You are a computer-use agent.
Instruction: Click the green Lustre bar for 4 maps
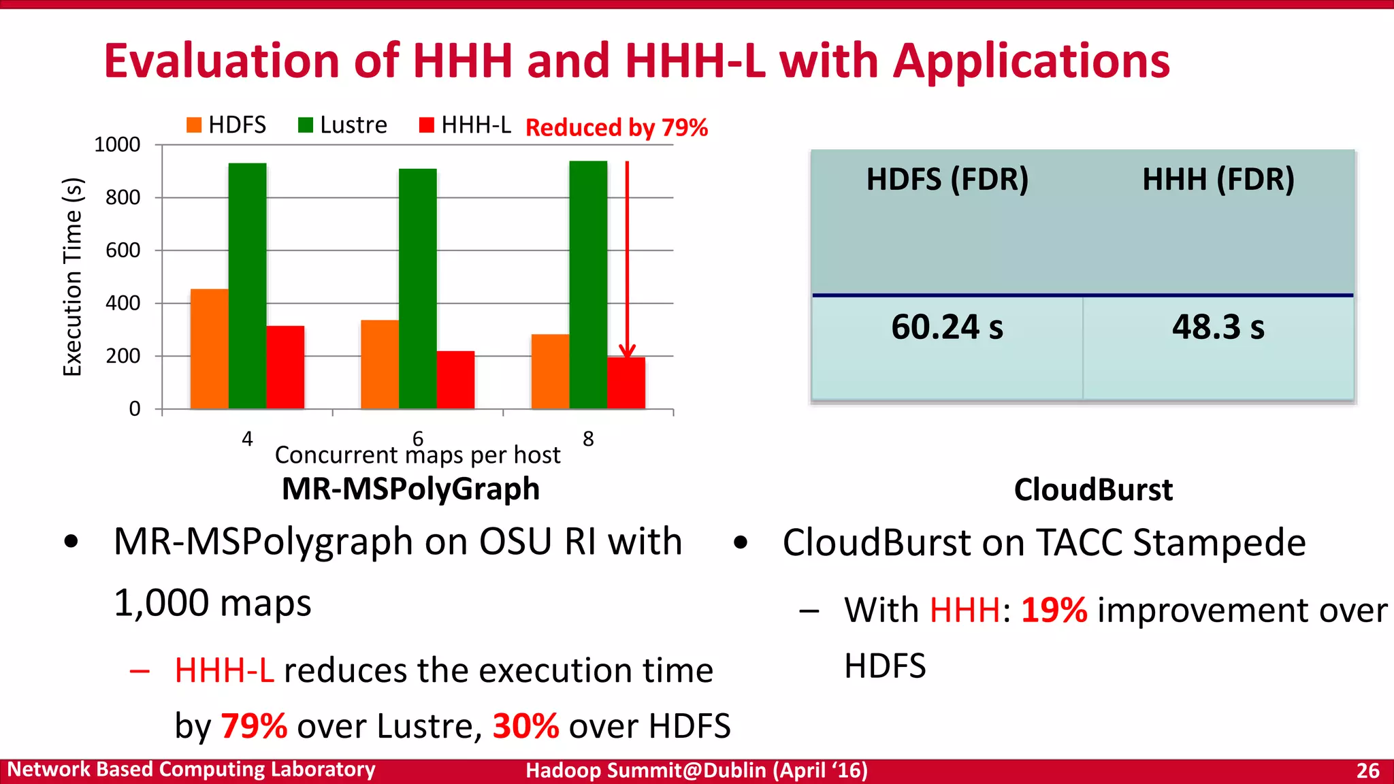coord(247,286)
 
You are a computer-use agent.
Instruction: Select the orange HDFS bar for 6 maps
coord(380,364)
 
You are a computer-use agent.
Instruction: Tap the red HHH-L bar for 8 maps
coord(626,382)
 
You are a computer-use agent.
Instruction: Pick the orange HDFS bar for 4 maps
coord(209,348)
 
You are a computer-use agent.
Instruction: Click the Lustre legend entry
coord(342,125)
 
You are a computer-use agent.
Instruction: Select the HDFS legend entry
coord(226,125)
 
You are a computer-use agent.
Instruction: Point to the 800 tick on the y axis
coord(123,198)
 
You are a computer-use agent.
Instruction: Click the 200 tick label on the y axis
coord(123,356)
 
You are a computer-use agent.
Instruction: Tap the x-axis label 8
coord(588,439)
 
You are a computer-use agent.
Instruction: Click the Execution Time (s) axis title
coord(72,276)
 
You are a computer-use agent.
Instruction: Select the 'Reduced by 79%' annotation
coord(617,127)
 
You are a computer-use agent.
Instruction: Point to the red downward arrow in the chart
coord(627,259)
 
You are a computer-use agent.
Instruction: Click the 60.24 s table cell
coord(947,327)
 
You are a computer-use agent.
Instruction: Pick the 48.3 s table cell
coord(1218,327)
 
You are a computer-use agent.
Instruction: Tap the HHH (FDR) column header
coord(1218,180)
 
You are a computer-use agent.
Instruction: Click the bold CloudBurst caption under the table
coord(1093,490)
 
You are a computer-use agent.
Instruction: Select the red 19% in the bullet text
coord(1054,610)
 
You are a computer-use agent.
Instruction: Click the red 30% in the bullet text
coord(525,726)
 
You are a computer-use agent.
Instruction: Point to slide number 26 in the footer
coord(1367,770)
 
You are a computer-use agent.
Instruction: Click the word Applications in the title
coord(1031,61)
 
